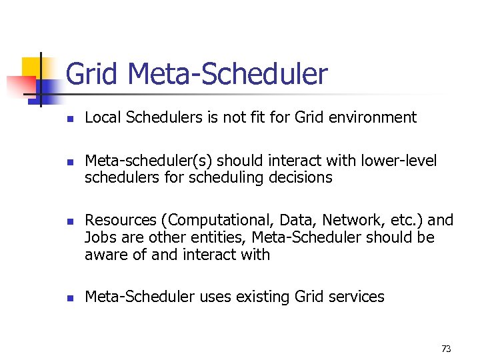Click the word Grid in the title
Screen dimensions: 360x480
[92, 74]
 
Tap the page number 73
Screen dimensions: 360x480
[446, 349]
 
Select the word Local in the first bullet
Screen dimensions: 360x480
[101, 118]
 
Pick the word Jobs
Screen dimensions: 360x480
[99, 237]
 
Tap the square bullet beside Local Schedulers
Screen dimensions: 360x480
[69, 119]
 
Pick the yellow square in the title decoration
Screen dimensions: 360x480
[31, 67]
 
